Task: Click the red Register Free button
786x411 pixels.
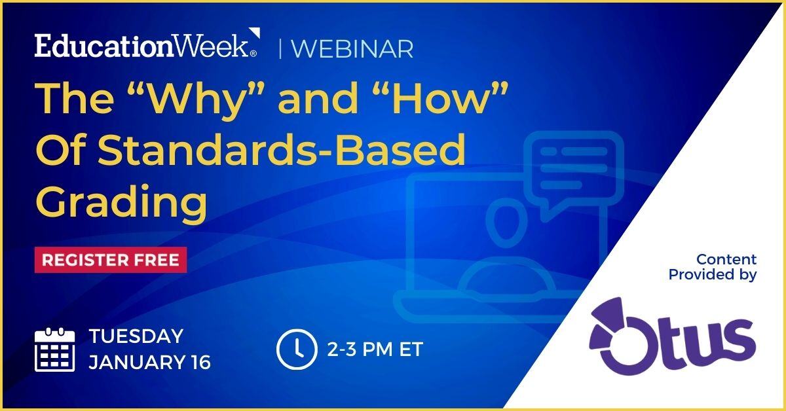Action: click(111, 260)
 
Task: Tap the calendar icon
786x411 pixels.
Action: click(55, 349)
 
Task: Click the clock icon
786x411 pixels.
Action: click(297, 349)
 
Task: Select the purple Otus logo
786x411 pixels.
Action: click(672, 336)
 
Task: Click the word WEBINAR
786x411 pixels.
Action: click(352, 49)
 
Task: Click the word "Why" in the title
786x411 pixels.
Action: click(196, 98)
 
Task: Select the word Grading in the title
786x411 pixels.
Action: click(121, 204)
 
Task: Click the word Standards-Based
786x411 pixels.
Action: click(282, 149)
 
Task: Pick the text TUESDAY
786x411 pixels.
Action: click(136, 336)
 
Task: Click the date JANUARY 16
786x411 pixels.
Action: click(150, 363)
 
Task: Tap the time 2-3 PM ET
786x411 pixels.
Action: click(375, 349)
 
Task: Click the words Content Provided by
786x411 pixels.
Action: click(713, 267)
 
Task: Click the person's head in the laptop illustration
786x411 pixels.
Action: click(506, 223)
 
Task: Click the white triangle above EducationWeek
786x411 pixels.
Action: click(255, 32)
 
